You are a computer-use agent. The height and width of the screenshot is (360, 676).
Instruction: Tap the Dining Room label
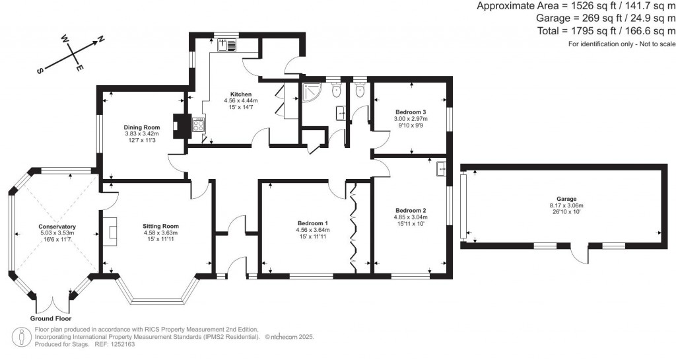[x=142, y=127]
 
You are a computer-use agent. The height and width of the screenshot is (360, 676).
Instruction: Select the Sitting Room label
[x=160, y=227]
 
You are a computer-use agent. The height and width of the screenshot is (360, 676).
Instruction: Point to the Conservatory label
[x=57, y=227]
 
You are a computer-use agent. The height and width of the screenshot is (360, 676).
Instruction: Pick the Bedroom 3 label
[x=411, y=112]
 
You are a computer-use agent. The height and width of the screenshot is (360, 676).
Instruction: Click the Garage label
[x=566, y=199]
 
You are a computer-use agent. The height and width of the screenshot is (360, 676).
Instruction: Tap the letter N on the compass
[x=101, y=40]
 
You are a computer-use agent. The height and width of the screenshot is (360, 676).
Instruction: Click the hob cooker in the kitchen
[x=197, y=124]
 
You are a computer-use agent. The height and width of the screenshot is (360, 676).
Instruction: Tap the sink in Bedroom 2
[x=440, y=169]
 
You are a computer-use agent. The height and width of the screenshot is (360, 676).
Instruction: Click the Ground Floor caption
[x=51, y=318]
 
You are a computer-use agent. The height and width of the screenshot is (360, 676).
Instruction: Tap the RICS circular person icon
[x=22, y=336]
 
